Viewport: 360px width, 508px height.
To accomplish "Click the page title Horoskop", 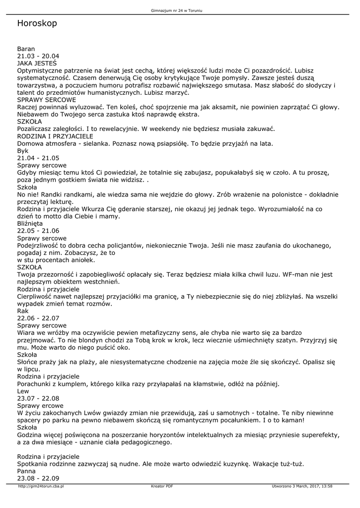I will pyautogui.click(x=37, y=23).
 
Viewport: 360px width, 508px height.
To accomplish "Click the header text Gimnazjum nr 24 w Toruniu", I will pyautogui.click(x=180, y=10).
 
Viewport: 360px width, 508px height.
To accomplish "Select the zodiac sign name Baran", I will pyautogui.click(x=26, y=49).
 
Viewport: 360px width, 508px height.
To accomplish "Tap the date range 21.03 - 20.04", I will pyautogui.click(x=38, y=56).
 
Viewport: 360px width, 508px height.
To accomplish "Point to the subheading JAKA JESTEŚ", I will pyautogui.click(x=37, y=63).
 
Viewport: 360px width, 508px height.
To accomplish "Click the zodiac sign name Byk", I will pyautogui.click(x=23, y=150).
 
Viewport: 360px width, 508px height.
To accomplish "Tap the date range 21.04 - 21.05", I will pyautogui.click(x=38, y=158).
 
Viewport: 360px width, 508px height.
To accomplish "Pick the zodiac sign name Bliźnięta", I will pyautogui.click(x=30, y=223).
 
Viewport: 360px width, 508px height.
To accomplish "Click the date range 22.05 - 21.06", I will pyautogui.click(x=38, y=231).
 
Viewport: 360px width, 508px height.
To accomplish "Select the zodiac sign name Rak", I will pyautogui.click(x=23, y=311).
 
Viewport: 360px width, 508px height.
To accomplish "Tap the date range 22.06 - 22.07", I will pyautogui.click(x=38, y=318).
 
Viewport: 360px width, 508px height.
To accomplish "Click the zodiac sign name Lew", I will pyautogui.click(x=23, y=391).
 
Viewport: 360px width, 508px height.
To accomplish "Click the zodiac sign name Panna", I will pyautogui.click(x=26, y=471).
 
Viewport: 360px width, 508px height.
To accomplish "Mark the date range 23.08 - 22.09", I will pyautogui.click(x=38, y=478).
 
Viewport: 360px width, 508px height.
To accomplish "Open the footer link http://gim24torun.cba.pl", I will pyautogui.click(x=41, y=486).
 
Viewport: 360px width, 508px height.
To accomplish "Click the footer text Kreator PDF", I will pyautogui.click(x=162, y=486).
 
